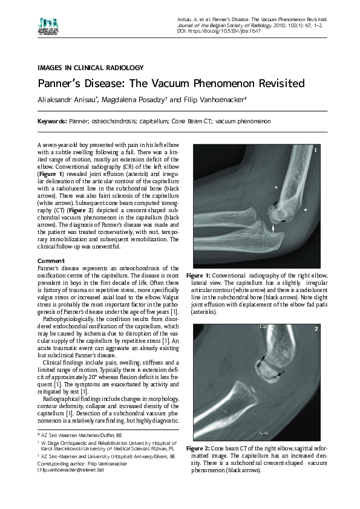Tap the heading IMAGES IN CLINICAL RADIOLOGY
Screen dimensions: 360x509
coord(90,68)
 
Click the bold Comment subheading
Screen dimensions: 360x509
coord(51,260)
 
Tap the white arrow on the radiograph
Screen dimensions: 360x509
coord(273,228)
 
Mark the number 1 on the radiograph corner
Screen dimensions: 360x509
coord(316,149)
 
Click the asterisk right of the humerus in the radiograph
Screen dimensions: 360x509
coord(306,210)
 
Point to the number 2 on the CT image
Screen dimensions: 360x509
coord(316,329)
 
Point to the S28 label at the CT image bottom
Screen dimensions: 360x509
coord(263,433)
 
